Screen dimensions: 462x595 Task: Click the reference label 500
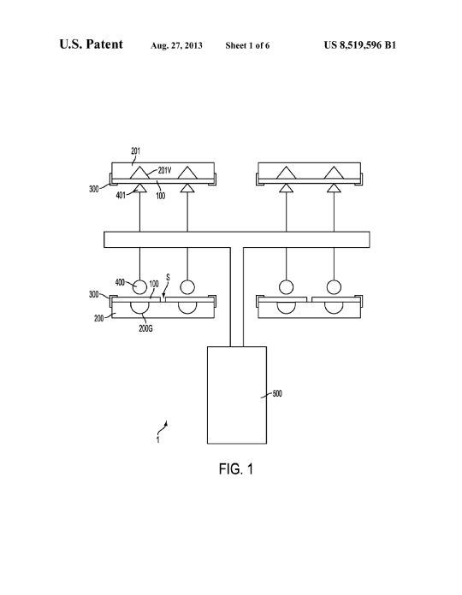click(277, 393)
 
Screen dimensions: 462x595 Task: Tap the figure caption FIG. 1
click(236, 469)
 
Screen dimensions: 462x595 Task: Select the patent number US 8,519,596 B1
click(360, 45)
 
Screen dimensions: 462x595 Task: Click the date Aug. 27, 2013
click(176, 45)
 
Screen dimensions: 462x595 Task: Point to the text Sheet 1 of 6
click(247, 45)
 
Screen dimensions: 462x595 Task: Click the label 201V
click(164, 170)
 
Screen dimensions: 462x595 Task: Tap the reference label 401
click(121, 196)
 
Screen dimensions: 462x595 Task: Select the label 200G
click(145, 328)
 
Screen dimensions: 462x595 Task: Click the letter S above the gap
click(168, 278)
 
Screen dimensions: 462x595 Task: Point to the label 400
click(120, 282)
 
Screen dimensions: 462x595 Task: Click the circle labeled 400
click(139, 287)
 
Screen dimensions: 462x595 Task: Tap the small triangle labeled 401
click(139, 188)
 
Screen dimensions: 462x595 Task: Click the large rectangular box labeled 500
click(237, 395)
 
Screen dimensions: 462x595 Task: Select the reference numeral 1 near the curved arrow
click(158, 440)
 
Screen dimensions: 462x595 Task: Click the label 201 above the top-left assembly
click(135, 151)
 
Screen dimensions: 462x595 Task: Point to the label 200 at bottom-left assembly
click(98, 318)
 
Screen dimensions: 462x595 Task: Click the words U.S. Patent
click(91, 44)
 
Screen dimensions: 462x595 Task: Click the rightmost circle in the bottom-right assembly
click(334, 287)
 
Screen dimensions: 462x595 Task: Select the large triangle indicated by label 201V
click(139, 173)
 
